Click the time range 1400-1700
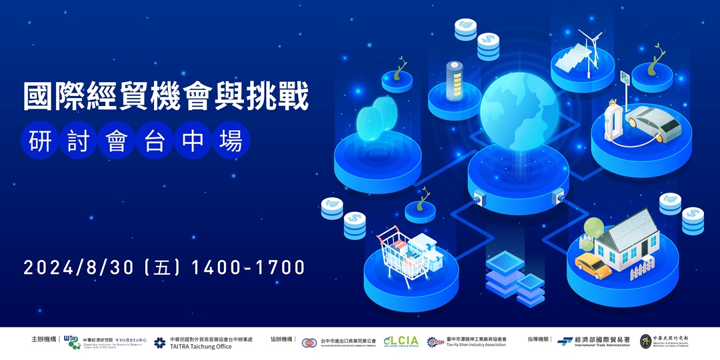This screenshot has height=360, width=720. [x=248, y=268]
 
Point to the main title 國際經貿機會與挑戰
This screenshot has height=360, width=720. [x=166, y=97]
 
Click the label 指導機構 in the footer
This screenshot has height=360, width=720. [x=539, y=340]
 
